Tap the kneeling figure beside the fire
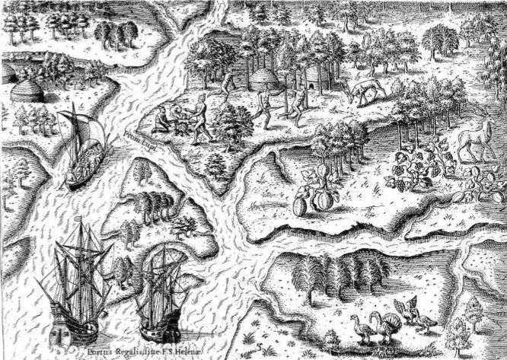[x=162, y=119]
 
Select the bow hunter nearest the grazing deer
[x=298, y=97]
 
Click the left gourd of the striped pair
[x=302, y=204]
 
